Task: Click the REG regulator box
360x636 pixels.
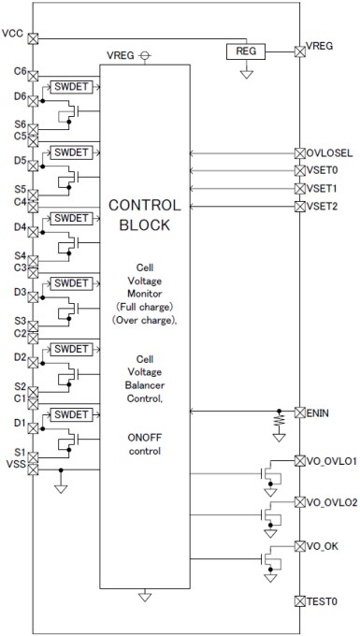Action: pyautogui.click(x=247, y=51)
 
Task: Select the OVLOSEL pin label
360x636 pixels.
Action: pyautogui.click(x=326, y=152)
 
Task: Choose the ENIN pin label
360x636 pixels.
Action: pyautogui.click(x=316, y=412)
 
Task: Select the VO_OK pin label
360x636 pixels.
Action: pyautogui.click(x=320, y=545)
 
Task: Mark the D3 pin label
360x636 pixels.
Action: pyautogui.click(x=19, y=291)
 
